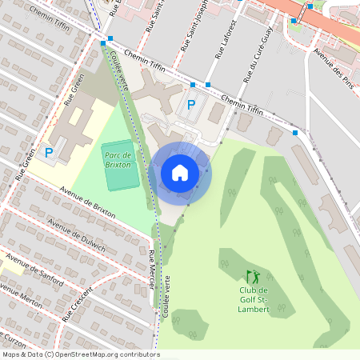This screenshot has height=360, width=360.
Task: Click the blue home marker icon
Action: click(180, 172)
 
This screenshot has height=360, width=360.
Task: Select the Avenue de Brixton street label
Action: click(88, 203)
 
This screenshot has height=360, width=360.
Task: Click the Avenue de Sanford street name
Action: click(35, 270)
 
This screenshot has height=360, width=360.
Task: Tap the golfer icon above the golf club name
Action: click(253, 277)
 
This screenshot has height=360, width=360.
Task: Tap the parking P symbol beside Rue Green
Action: click(49, 152)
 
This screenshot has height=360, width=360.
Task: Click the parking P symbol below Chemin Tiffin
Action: click(191, 105)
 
